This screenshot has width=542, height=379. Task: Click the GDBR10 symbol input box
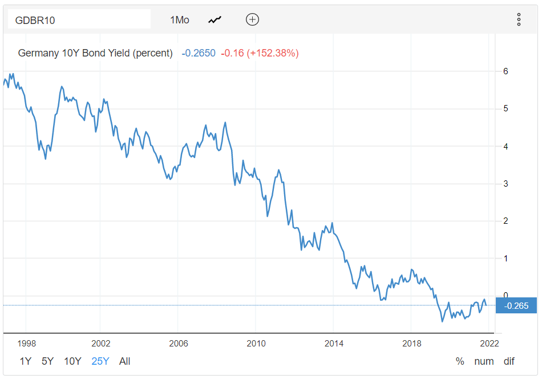tap(79, 20)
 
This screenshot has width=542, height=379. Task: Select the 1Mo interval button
tap(179, 20)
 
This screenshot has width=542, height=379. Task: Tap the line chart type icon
tap(215, 20)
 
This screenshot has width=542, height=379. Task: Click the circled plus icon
tap(252, 19)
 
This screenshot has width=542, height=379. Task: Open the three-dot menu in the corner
tap(519, 19)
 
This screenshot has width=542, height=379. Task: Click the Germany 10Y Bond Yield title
tap(95, 53)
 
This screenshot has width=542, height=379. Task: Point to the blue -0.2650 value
tap(199, 53)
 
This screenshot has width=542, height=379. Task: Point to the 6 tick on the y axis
tap(505, 71)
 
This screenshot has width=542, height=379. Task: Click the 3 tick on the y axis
tap(505, 184)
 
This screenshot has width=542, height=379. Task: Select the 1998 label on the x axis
tap(27, 344)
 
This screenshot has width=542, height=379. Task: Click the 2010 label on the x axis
tap(256, 344)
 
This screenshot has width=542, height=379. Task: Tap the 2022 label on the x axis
tap(489, 344)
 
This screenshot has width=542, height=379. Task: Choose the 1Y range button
tap(26, 361)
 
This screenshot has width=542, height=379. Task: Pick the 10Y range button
tap(72, 361)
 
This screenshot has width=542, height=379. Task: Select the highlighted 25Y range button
tap(101, 361)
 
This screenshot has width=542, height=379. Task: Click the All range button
tap(125, 361)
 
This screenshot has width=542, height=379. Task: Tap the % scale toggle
tap(460, 361)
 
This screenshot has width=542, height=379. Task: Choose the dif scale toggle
tap(509, 361)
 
